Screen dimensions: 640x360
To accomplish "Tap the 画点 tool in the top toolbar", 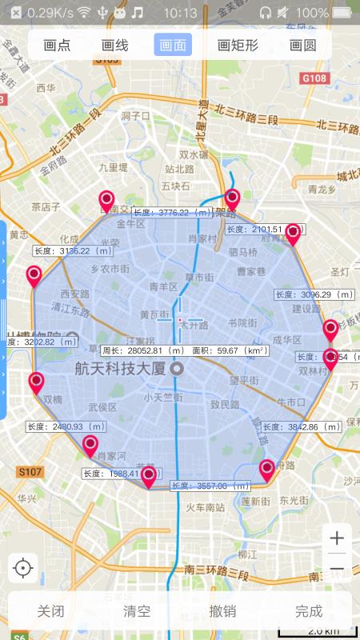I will pyautogui.click(x=57, y=46).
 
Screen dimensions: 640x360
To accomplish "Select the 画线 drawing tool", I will pyautogui.click(x=115, y=46).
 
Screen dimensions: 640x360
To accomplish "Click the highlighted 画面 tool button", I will pyautogui.click(x=173, y=46).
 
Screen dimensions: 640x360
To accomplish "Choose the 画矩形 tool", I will pyautogui.click(x=236, y=46).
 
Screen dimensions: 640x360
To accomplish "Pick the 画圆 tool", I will pyautogui.click(x=302, y=46).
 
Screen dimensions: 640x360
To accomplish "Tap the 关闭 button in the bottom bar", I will pyautogui.click(x=50, y=612).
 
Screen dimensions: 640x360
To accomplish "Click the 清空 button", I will pyautogui.click(x=137, y=612).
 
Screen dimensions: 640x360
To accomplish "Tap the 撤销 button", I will pyautogui.click(x=222, y=612).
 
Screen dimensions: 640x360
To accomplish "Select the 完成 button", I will pyautogui.click(x=309, y=612).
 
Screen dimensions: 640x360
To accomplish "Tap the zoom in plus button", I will pyautogui.click(x=337, y=538).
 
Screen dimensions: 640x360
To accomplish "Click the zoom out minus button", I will pyautogui.click(x=337, y=569).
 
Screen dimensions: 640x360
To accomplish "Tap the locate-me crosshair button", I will pyautogui.click(x=23, y=569).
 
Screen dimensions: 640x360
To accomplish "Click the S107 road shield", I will pyautogui.click(x=30, y=472).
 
